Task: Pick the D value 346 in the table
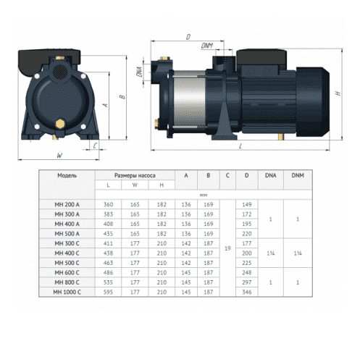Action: point(246,291)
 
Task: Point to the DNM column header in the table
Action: point(298,175)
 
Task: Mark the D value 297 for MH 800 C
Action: point(246,282)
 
